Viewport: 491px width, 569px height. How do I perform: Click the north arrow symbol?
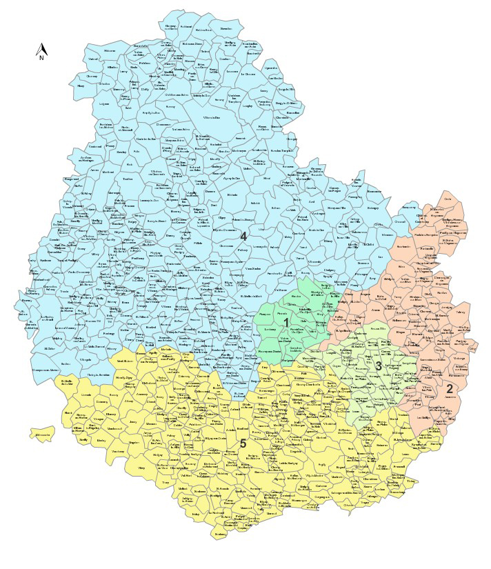click(41, 52)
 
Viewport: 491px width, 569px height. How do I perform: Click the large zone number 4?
click(243, 237)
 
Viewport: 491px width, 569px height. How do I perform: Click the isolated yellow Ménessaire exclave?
click(43, 435)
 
